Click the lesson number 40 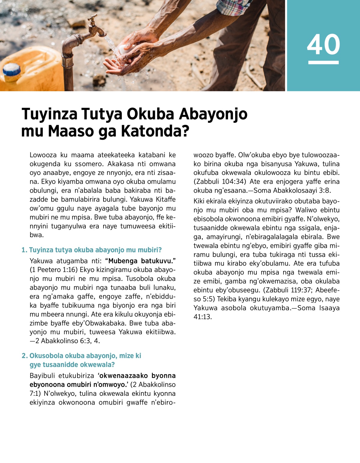[x=323, y=44]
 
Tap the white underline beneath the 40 [x=323, y=62]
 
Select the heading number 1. [x=24, y=250]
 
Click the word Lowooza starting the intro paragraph [x=43, y=155]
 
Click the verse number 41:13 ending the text [x=202, y=317]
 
